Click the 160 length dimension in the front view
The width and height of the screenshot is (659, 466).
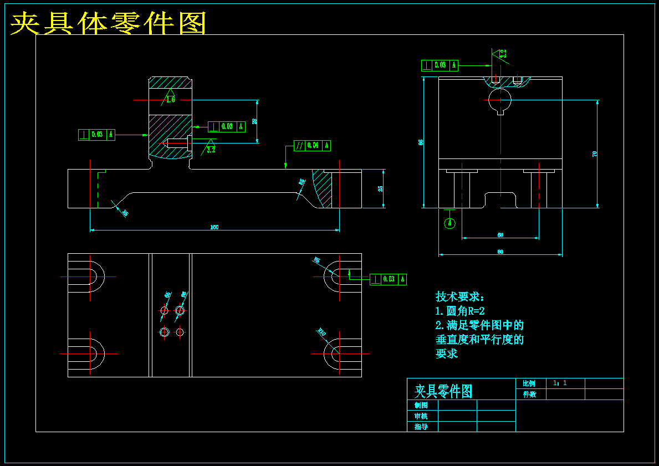click(214, 227)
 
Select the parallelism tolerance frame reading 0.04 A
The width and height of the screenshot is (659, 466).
click(312, 146)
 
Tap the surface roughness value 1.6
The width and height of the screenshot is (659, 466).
click(170, 100)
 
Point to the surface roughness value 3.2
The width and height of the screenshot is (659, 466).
click(211, 150)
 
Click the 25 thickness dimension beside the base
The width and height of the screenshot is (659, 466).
click(380, 188)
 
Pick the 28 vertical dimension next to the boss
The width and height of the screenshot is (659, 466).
click(254, 121)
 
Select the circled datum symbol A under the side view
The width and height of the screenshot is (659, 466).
click(450, 223)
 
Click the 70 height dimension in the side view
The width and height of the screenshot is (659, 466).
click(595, 154)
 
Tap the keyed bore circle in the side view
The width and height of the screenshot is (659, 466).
click(500, 101)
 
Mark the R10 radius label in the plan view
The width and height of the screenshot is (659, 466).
click(321, 332)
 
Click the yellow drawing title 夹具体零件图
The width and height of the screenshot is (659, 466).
click(109, 24)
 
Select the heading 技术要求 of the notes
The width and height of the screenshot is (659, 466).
click(460, 297)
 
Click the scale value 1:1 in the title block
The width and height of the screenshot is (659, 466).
click(560, 383)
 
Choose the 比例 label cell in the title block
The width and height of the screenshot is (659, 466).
click(529, 383)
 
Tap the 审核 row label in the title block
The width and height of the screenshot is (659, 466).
click(421, 416)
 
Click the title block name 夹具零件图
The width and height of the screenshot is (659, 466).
click(443, 391)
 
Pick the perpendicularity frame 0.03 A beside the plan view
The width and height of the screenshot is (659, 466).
click(388, 279)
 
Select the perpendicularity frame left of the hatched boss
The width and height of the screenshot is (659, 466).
click(97, 135)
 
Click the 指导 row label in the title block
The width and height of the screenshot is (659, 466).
click(421, 427)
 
